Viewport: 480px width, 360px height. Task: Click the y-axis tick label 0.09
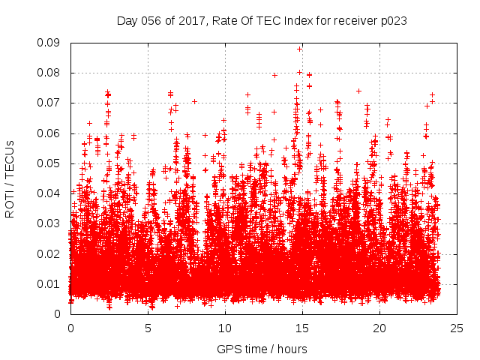[x=52, y=43]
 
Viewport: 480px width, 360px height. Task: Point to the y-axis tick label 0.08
[x=52, y=73]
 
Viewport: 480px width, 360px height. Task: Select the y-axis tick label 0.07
[x=52, y=103]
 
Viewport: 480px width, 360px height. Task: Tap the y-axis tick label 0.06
[x=52, y=133]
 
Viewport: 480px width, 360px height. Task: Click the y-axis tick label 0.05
[x=52, y=163]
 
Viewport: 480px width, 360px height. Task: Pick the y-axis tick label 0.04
[x=52, y=193]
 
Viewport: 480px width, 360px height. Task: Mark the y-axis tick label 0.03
[x=52, y=223]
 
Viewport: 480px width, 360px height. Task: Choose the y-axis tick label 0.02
[x=52, y=253]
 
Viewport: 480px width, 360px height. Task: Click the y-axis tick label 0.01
[x=52, y=283]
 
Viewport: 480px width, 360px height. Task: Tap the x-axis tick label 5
[x=148, y=328]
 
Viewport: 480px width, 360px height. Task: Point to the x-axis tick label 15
[x=302, y=328]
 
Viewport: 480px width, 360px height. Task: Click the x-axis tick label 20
[x=379, y=328]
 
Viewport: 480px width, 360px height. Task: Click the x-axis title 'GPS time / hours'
[x=262, y=349]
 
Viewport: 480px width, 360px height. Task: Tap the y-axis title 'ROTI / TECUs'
[x=10, y=178]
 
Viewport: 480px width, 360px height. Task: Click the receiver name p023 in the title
[x=393, y=21]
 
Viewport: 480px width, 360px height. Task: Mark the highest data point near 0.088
[x=300, y=49]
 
